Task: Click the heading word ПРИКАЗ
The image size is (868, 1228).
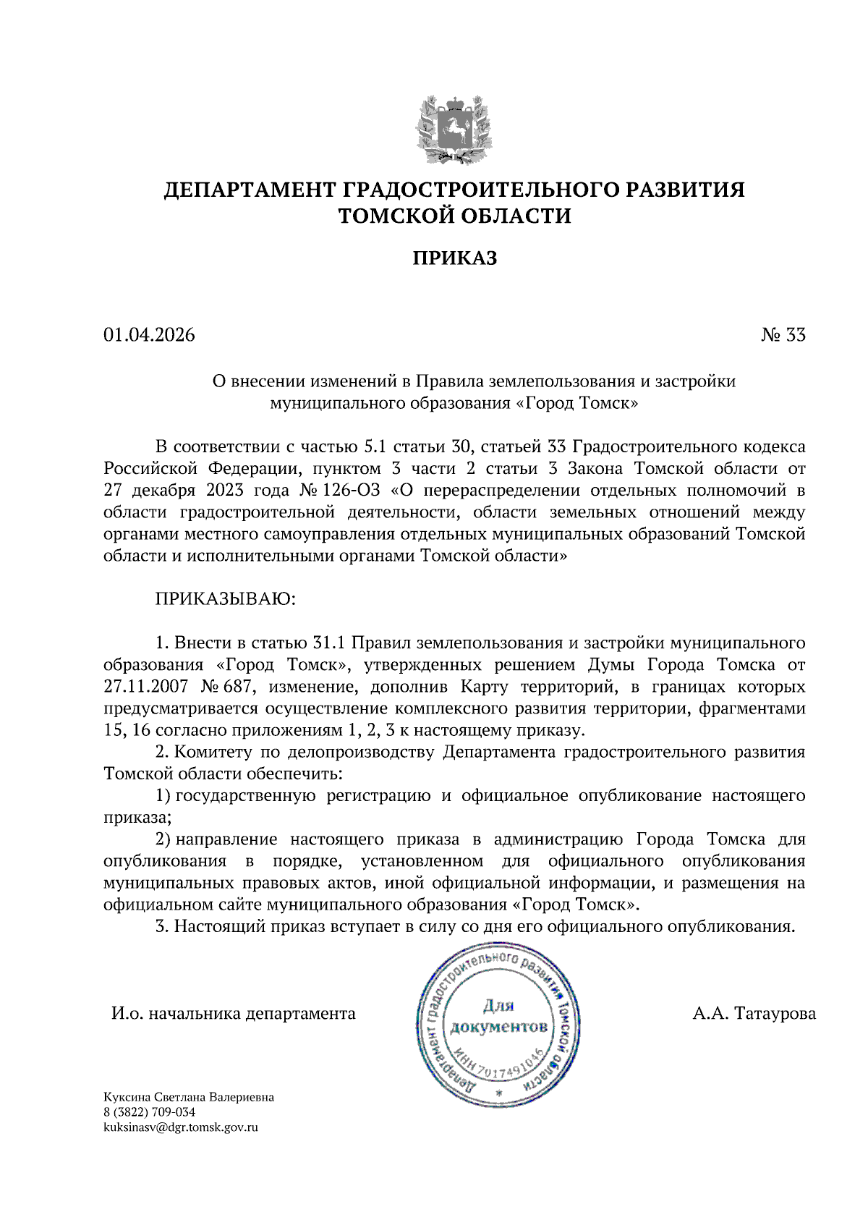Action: tap(454, 258)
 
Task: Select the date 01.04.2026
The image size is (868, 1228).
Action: tap(149, 335)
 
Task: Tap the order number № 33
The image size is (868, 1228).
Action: tap(783, 335)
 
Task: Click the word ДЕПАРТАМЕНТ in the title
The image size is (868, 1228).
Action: tap(249, 190)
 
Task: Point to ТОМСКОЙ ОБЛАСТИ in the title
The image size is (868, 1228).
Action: tap(454, 216)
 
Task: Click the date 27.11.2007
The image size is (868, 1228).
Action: tap(145, 687)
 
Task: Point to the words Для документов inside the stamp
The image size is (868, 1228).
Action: tap(498, 1017)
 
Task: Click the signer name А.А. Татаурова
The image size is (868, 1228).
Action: tap(754, 1014)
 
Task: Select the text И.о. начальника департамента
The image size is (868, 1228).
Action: tap(233, 1014)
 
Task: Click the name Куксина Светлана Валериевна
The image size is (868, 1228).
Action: tap(189, 1097)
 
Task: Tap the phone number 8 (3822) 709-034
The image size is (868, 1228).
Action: tap(149, 1112)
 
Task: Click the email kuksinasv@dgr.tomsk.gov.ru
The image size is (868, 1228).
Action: tap(181, 1127)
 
